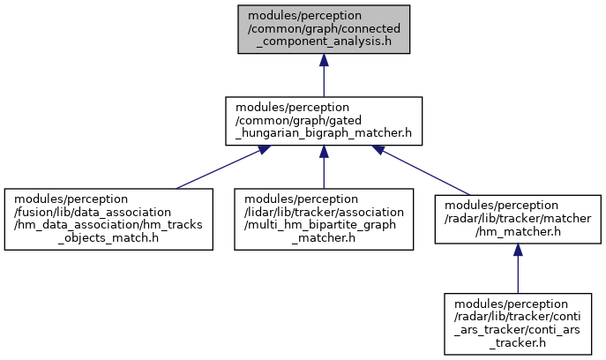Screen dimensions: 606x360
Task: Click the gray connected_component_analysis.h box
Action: [x=324, y=29]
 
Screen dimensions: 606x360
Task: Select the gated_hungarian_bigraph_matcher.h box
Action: [x=324, y=121]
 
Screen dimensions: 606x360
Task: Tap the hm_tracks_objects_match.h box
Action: [x=108, y=219]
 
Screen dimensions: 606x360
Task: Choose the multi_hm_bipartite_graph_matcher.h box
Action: [x=324, y=219]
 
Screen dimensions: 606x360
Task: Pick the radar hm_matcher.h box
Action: [x=518, y=219]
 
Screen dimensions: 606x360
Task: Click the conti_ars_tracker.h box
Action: [x=518, y=324]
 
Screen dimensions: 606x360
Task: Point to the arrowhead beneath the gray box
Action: [x=324, y=60]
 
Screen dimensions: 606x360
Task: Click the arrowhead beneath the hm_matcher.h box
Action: [x=518, y=250]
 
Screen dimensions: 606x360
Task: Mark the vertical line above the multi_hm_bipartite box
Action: [x=324, y=173]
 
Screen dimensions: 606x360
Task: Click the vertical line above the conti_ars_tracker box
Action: [x=518, y=274]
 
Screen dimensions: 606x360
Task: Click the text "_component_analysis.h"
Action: [x=324, y=41]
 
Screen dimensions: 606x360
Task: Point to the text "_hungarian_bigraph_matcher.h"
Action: [x=324, y=133]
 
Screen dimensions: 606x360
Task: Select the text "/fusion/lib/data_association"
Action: [x=93, y=212]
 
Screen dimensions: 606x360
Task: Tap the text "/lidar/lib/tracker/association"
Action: [x=324, y=212]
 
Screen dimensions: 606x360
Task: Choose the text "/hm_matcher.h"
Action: [x=518, y=231]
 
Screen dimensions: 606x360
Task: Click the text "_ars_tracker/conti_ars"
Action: [x=517, y=330]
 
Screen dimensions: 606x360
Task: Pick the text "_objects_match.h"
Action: [x=108, y=237]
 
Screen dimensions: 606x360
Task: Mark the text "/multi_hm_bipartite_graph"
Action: [x=320, y=225]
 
